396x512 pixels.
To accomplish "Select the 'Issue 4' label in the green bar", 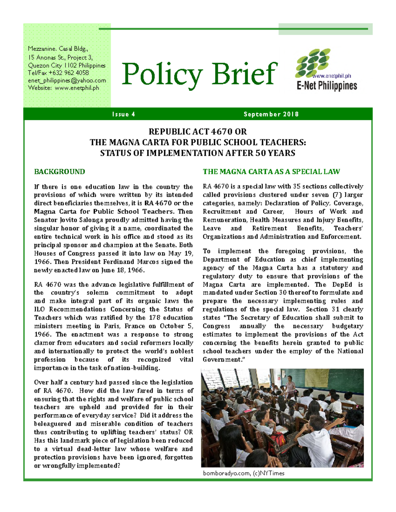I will pos(123,114).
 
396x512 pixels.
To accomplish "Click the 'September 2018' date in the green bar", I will pos(271,114).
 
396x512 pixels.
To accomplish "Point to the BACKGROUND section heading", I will pos(59,171).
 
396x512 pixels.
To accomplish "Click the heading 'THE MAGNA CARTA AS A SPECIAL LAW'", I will pos(271,171).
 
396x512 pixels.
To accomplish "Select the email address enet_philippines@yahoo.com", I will pos(67,80).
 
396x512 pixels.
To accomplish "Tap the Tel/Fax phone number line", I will pos(58,73).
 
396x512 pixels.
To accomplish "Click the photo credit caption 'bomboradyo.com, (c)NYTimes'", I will pos(244,473).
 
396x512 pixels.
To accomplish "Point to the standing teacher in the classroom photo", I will pos(290,386).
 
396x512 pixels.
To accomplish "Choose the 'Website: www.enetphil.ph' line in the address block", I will pos(63,88).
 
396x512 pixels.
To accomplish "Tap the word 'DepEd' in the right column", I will pos(342,285).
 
